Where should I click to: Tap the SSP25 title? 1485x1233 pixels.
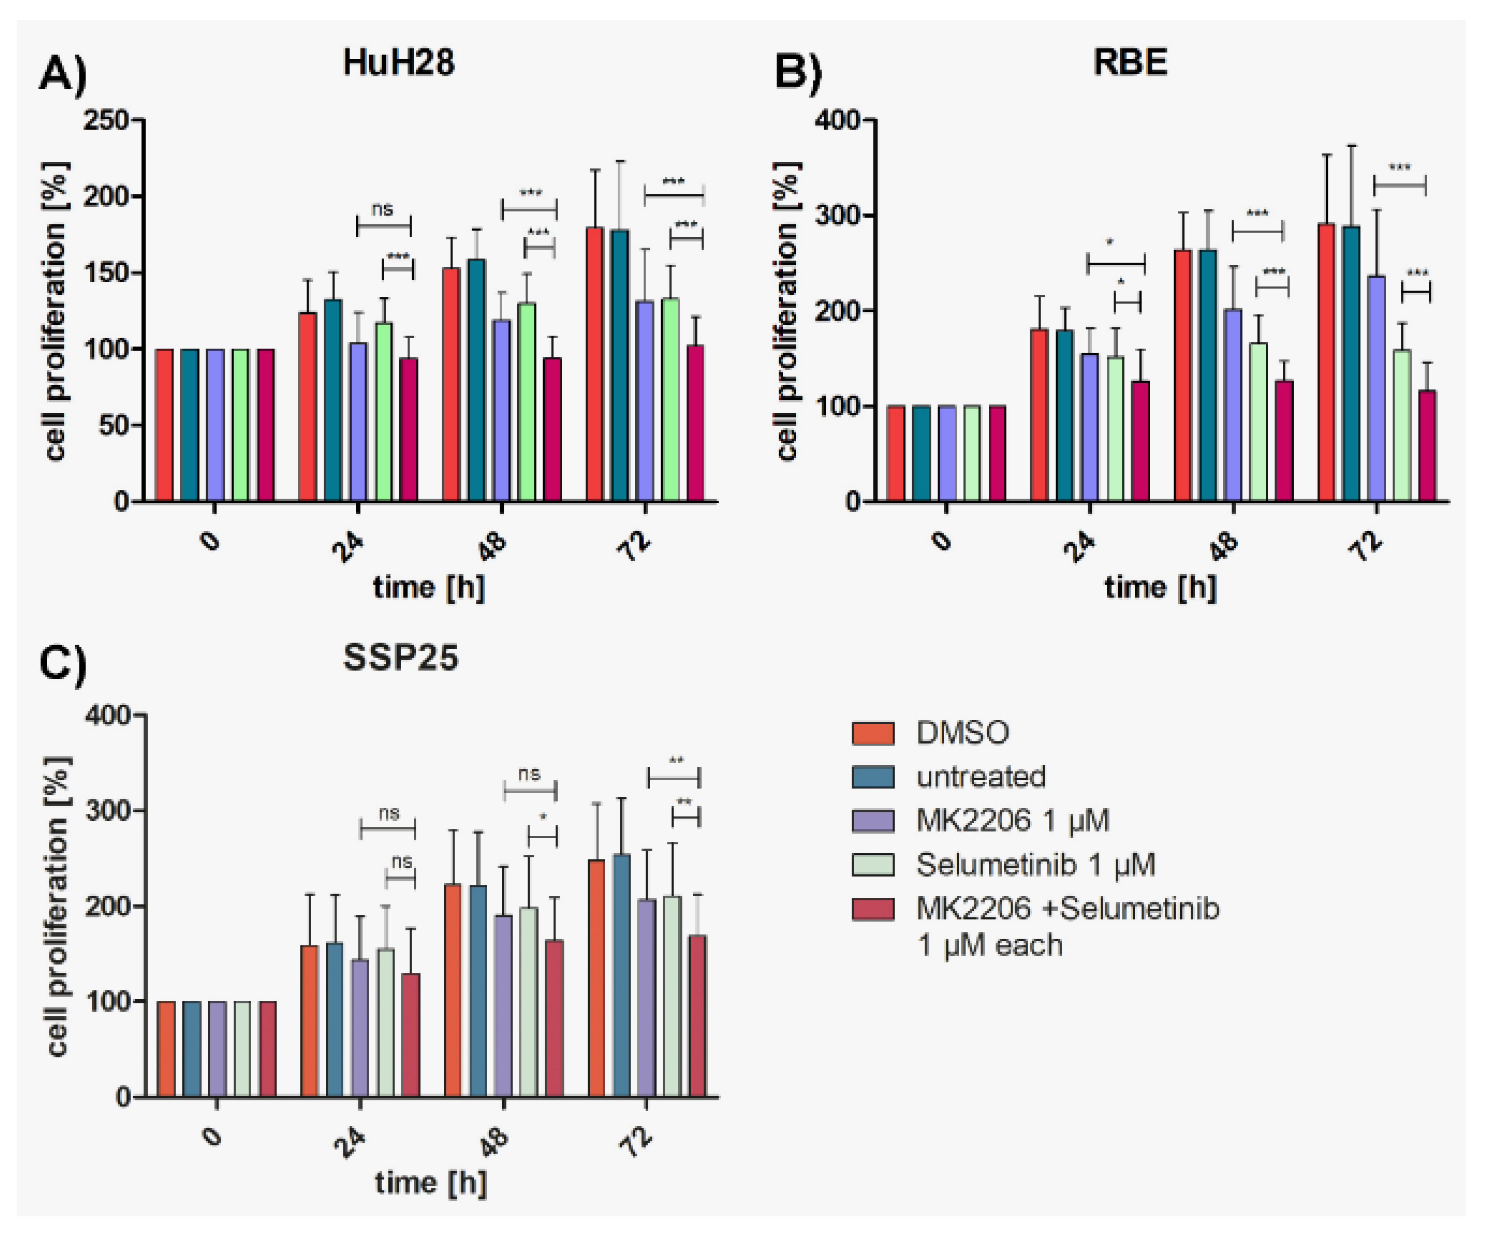pyautogui.click(x=400, y=658)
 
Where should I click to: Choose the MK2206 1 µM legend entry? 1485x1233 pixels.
pyautogui.click(x=1012, y=821)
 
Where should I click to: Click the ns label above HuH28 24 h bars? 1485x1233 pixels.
pyautogui.click(x=382, y=210)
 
